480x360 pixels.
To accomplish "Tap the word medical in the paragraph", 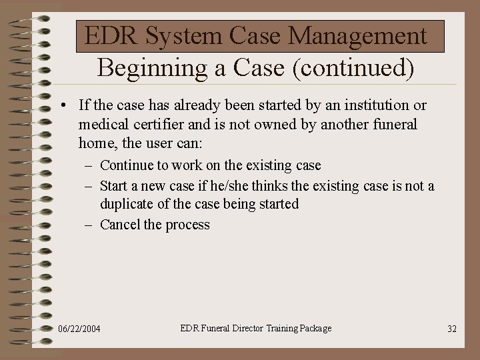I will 103,124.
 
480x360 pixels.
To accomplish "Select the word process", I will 188,225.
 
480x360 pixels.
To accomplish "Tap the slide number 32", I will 451,329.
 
